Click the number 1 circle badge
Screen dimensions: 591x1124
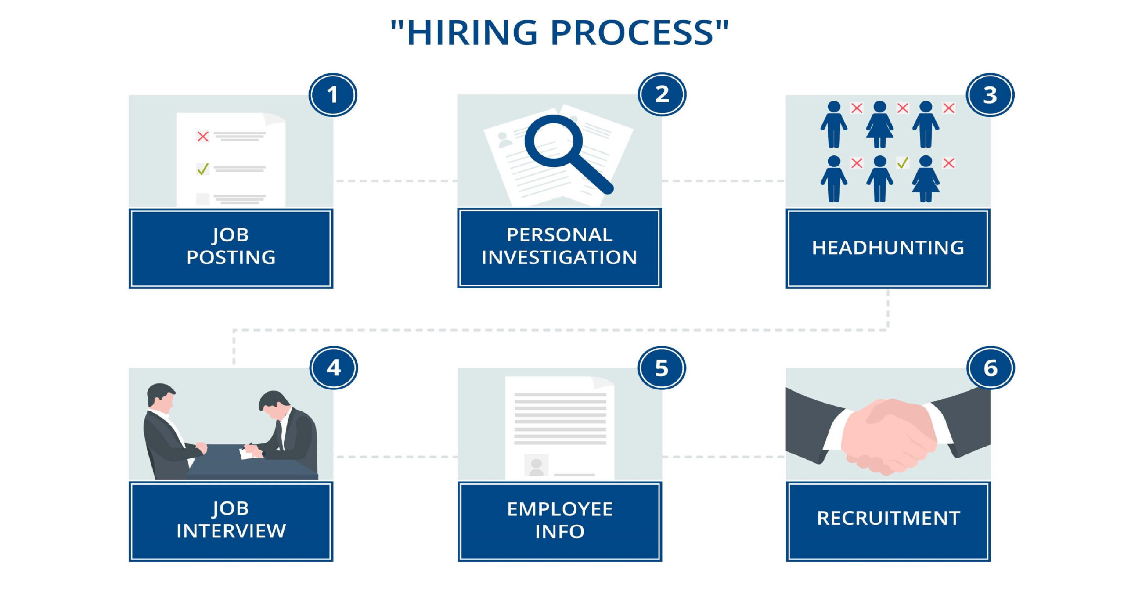(332, 95)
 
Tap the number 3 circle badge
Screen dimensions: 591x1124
(990, 95)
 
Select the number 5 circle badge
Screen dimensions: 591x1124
(661, 368)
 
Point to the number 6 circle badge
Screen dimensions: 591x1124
(990, 368)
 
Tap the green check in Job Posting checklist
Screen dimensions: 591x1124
(202, 169)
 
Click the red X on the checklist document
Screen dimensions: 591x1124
(202, 136)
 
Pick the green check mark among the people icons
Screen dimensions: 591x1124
(902, 163)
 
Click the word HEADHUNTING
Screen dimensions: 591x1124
(888, 248)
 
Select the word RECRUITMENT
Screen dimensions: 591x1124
(888, 518)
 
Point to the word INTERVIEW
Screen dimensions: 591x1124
(231, 531)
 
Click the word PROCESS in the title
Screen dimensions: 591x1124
(632, 32)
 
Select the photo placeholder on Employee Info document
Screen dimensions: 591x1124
(536, 465)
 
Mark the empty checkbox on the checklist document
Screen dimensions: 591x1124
(202, 198)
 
